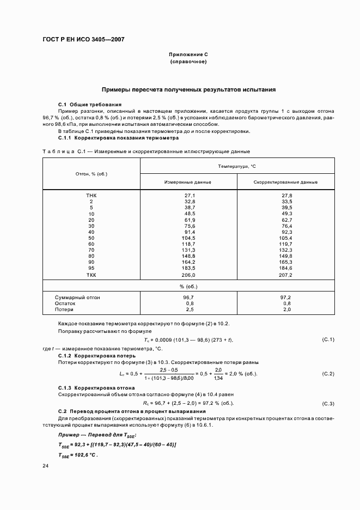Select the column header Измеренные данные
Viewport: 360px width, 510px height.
[188, 182]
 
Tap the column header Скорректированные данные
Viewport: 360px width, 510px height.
[285, 182]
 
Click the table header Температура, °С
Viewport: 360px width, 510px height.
[237, 166]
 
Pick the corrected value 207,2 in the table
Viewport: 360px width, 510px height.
[285, 276]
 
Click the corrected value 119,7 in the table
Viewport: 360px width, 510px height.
[285, 245]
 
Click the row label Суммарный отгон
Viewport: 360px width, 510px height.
[77, 297]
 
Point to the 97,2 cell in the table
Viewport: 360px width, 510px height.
[285, 297]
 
